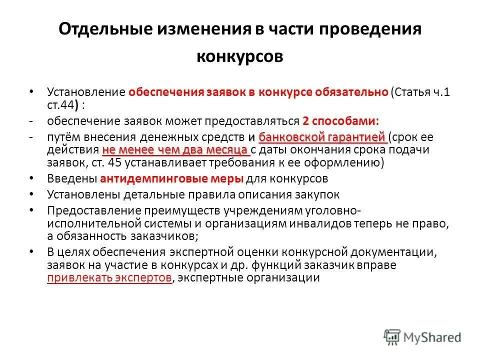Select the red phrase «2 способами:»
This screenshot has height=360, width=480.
pos(340,120)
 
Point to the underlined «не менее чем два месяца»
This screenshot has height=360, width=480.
pos(175,149)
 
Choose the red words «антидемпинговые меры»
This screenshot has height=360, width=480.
pos(172,178)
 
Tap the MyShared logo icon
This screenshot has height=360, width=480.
pos(392,337)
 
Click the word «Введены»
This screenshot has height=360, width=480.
pos(72,178)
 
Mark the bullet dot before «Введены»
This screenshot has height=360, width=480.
pos(32,178)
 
